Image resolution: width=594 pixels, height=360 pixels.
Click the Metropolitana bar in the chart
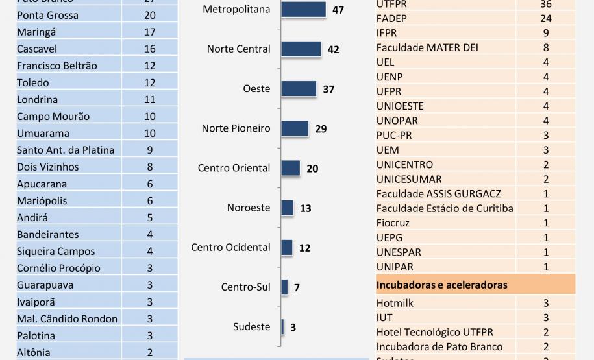[x=303, y=10]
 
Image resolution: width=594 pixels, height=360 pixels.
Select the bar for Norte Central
[x=301, y=49]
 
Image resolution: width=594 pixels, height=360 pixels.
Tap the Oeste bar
[x=299, y=89]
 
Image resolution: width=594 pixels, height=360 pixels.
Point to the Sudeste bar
[x=282, y=327]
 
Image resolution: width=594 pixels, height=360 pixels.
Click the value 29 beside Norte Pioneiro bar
[x=321, y=129]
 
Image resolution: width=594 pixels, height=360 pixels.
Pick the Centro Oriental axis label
[x=234, y=168]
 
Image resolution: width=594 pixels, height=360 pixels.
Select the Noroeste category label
[x=249, y=208]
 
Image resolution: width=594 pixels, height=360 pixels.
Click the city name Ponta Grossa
[x=47, y=15]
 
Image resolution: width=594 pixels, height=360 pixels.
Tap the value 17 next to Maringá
[x=150, y=32]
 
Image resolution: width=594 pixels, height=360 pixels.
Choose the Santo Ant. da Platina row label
[x=66, y=150]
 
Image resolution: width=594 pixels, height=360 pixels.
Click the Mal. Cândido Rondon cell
[x=68, y=318]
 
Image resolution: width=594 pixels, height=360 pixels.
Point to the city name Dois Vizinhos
[x=48, y=167]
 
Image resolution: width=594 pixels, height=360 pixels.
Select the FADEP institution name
[x=391, y=18]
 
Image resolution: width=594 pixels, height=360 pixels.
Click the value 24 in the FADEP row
[x=545, y=18]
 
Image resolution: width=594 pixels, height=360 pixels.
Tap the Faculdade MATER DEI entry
[x=421, y=47]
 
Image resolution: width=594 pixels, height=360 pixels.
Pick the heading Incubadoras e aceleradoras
[x=442, y=285]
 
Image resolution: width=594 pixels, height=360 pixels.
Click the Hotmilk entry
[x=395, y=303]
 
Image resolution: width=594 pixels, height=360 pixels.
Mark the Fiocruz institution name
[x=393, y=223]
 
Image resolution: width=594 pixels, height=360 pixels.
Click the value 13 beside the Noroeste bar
[x=306, y=208]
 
